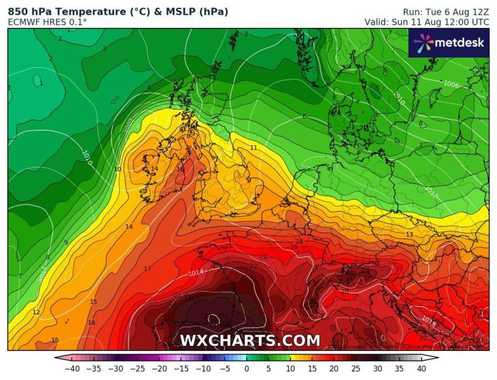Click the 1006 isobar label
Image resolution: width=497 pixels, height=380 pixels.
tap(452, 84)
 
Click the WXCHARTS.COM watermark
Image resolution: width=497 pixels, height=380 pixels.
tap(250, 340)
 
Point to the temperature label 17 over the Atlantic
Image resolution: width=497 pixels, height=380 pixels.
tap(147, 269)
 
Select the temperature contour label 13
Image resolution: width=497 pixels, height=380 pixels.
tap(409, 234)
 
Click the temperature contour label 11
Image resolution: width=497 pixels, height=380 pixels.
tap(253, 147)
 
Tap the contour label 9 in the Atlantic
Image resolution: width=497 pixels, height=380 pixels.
tap(65, 242)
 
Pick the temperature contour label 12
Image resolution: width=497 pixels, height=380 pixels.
tap(36, 312)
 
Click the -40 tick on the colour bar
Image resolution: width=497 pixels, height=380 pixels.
tap(73, 369)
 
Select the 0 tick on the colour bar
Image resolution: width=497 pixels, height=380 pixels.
tap(247, 369)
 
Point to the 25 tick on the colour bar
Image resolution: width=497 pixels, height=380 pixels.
tap(356, 369)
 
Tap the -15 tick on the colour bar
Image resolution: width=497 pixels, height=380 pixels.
tap(182, 369)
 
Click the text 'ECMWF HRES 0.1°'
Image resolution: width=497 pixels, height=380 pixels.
tap(47, 22)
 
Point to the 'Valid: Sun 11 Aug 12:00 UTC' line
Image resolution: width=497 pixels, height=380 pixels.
tap(427, 22)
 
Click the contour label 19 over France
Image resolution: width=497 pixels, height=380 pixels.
tap(294, 247)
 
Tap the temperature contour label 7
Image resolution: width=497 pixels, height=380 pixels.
tap(20, 276)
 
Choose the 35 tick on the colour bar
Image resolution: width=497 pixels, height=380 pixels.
tap(399, 369)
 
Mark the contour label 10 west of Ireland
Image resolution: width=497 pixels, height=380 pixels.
tap(117, 169)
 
